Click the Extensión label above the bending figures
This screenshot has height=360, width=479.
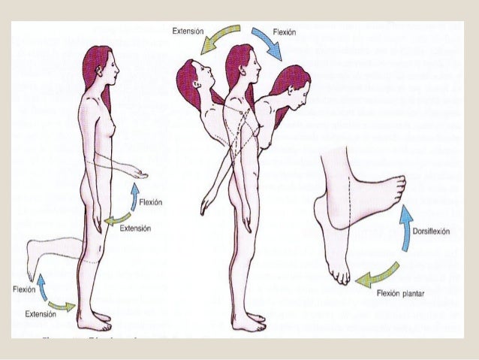[189, 32]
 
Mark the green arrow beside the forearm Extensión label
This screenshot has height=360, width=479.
[118, 219]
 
